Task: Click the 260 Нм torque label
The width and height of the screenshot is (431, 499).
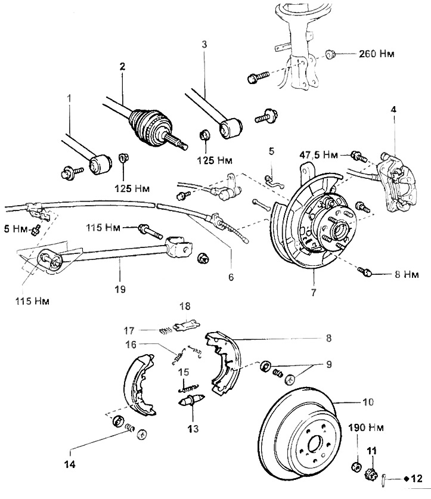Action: (x=377, y=54)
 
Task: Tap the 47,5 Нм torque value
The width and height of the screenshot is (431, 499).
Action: (x=319, y=155)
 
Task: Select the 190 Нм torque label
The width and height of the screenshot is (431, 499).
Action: (x=366, y=427)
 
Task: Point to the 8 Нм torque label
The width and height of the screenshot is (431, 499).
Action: (x=407, y=274)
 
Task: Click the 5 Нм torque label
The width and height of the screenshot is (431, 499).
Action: (x=15, y=228)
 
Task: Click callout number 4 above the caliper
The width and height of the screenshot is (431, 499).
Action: (x=393, y=110)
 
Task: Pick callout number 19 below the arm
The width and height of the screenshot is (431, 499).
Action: (x=120, y=289)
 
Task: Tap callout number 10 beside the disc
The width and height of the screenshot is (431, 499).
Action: (x=368, y=402)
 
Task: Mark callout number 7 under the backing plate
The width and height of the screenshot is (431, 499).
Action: (x=314, y=292)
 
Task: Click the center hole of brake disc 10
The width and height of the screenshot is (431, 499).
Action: (x=314, y=444)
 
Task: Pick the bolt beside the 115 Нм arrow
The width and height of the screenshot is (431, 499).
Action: (x=151, y=232)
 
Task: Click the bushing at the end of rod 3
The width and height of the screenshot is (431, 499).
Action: (x=231, y=128)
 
